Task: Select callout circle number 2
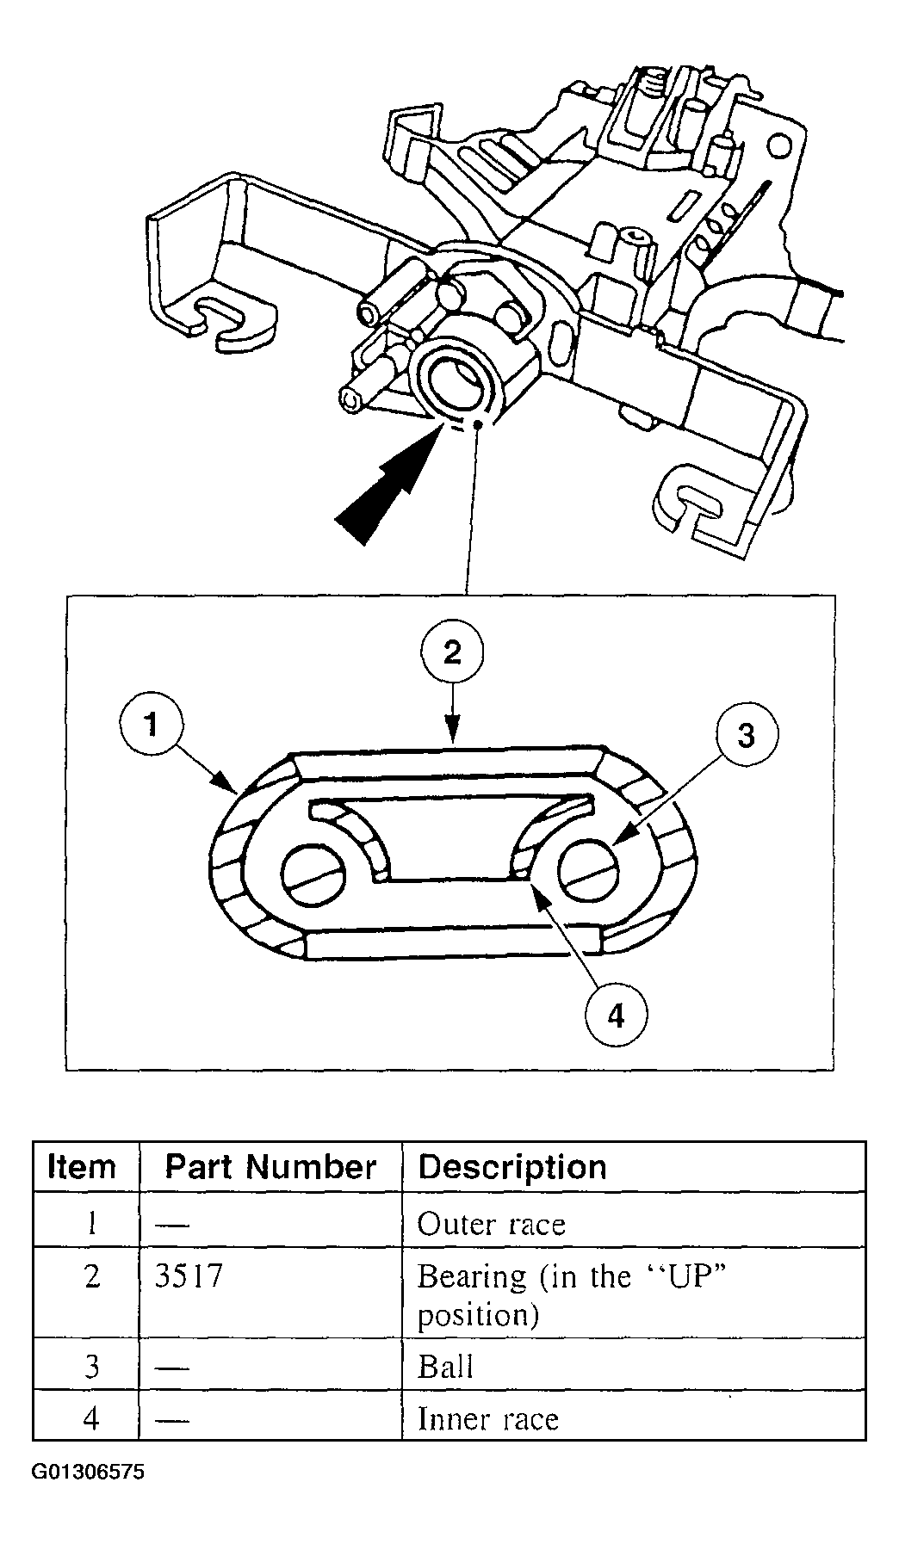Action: coord(453,652)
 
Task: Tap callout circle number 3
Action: coord(746,734)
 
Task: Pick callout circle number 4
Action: coord(615,1016)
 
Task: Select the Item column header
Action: coord(82,1167)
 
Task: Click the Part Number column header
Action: coord(270,1167)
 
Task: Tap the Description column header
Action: coord(512,1167)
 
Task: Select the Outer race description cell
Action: coord(491,1223)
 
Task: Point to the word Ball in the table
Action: coord(445,1367)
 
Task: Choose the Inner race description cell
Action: coord(487,1418)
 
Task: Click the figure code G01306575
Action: coord(89,1473)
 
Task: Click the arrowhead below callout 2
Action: coord(453,732)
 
